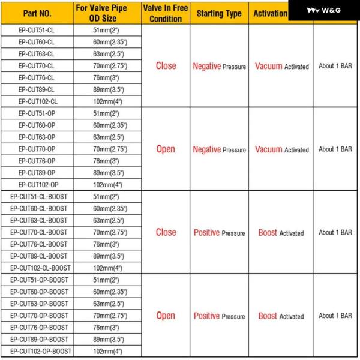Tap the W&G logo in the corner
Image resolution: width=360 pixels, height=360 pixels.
click(324, 10)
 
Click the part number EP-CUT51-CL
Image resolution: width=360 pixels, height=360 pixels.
click(36, 30)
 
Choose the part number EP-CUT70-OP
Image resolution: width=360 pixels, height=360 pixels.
click(36, 149)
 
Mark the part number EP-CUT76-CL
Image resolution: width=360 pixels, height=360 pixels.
click(36, 77)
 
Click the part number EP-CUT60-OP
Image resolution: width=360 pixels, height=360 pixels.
click(36, 125)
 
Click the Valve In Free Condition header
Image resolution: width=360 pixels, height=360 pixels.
click(165, 13)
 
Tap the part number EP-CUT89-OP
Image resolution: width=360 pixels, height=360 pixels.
click(36, 173)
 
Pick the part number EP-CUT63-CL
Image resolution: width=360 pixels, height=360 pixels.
click(36, 53)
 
